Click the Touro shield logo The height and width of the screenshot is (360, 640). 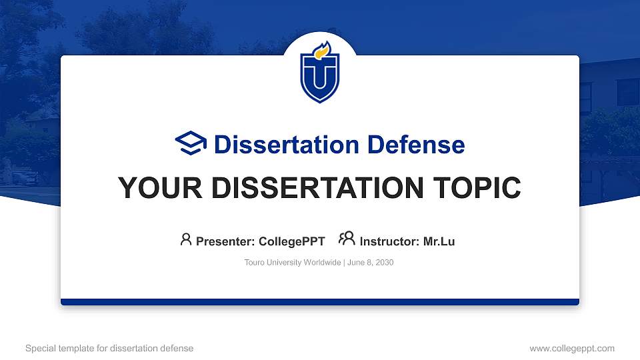coord(320,73)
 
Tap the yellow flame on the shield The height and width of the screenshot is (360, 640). coord(322,50)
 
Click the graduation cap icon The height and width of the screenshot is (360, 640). coord(191,143)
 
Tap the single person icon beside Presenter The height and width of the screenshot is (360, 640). coord(186,239)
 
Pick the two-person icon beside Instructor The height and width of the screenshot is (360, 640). coord(347,239)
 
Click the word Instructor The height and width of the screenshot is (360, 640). coord(389,241)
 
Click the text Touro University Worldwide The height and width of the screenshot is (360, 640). coord(293,263)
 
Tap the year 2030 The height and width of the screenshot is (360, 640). coord(385,263)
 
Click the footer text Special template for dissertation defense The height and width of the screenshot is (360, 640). coord(109,348)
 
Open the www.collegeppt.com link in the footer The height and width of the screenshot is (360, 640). coord(572,348)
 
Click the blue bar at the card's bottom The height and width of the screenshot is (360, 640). coord(320,302)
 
